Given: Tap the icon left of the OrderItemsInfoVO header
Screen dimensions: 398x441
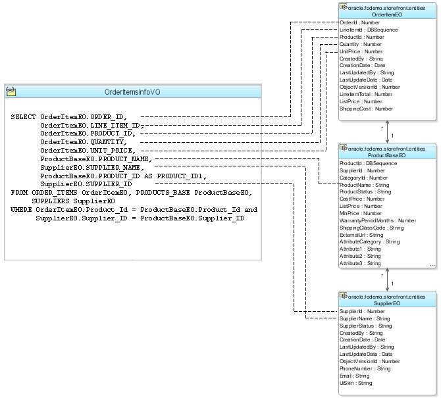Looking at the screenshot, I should point(11,92).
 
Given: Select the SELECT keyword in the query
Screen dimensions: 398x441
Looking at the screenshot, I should point(23,117).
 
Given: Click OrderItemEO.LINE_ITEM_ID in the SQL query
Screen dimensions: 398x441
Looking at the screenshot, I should point(90,125).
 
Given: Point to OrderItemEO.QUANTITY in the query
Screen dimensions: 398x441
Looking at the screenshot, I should point(84,141).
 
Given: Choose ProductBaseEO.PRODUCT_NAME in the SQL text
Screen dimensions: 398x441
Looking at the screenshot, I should point(96,159).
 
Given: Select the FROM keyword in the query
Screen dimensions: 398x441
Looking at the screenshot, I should point(19,193).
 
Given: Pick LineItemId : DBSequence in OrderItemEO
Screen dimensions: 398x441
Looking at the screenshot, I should point(369,30).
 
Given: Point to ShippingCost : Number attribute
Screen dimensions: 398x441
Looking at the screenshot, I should point(366,109).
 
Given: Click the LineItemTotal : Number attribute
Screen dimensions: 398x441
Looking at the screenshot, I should point(367,94).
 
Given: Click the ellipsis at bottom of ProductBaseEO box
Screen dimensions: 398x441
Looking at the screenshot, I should point(432,264).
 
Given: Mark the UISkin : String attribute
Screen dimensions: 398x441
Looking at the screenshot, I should point(355,383).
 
